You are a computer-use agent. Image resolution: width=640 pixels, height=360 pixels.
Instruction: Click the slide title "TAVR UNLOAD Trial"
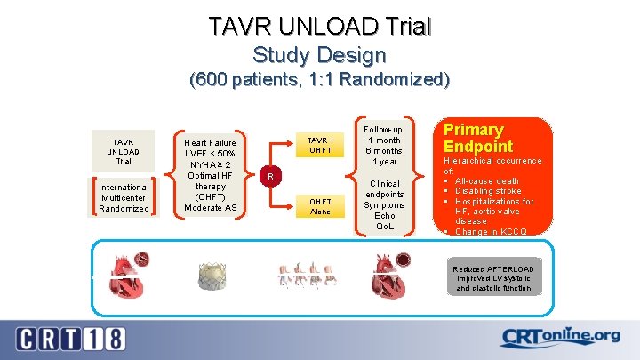(320, 26)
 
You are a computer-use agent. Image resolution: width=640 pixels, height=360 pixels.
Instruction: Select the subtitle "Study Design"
(320, 55)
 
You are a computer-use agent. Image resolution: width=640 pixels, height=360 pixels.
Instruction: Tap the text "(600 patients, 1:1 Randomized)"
(320, 80)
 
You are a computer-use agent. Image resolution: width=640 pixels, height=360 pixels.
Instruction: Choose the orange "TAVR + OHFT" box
(321, 145)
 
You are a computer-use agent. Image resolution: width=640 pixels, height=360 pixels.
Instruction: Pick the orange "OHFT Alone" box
(321, 206)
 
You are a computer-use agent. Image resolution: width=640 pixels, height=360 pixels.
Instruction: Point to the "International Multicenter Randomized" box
(124, 197)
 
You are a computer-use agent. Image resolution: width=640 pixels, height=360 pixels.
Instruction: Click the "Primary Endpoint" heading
(477, 138)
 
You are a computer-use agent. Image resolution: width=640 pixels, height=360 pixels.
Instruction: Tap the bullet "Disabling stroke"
(491, 191)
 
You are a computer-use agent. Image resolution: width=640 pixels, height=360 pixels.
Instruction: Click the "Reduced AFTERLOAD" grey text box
(492, 278)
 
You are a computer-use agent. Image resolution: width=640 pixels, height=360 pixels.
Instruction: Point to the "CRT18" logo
(70, 338)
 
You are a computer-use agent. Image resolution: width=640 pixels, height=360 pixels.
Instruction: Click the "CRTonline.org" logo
(560, 338)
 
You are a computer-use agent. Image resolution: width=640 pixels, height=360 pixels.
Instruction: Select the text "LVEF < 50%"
(210, 153)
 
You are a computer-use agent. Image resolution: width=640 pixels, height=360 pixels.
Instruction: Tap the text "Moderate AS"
(210, 207)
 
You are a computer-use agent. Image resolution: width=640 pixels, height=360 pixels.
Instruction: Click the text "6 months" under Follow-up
(385, 150)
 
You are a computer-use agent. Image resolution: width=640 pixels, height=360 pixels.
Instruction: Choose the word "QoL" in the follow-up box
(385, 226)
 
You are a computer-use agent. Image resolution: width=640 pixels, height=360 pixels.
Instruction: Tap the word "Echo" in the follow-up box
(385, 215)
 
